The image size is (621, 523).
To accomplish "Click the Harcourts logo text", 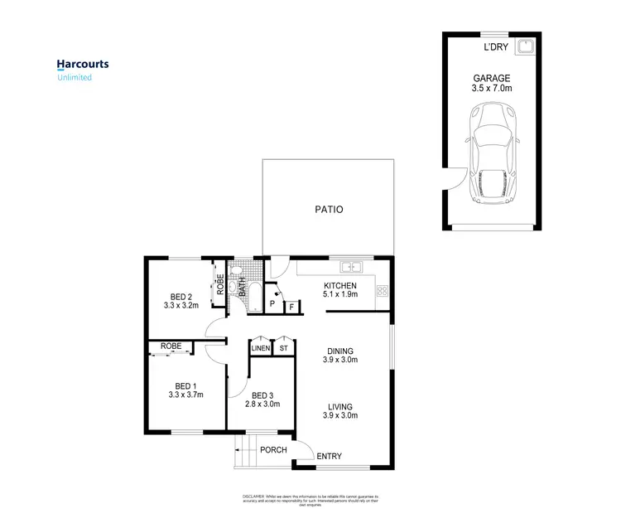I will coord(82,64).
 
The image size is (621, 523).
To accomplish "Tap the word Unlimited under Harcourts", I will coord(74,78).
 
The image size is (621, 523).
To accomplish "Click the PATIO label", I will coord(328,210).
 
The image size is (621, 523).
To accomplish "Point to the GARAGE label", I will coord(490,78).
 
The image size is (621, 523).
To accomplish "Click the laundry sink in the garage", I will coord(523,46).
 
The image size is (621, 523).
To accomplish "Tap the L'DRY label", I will coord(496,47).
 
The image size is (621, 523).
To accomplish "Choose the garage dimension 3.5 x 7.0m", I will coord(490,89).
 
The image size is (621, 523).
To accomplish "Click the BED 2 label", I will coord(181,298).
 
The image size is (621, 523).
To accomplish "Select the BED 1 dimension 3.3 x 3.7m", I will coord(184,395).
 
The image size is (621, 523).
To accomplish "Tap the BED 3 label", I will coord(262,395).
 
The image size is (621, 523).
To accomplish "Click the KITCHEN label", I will coord(339,288).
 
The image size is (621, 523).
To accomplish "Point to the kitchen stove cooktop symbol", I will coord(383,291).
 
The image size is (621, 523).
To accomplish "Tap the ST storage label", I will coord(285,349).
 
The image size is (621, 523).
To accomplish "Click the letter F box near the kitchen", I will coord(291,308).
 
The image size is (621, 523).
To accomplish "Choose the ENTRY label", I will coord(328,457).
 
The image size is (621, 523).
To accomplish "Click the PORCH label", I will coord(273,450).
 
